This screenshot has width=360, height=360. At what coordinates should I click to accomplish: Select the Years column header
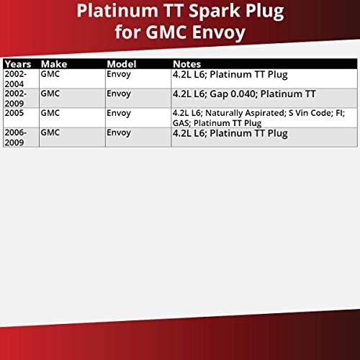pyautogui.click(x=19, y=63)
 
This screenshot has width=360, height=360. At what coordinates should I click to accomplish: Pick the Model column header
pyautogui.click(x=122, y=63)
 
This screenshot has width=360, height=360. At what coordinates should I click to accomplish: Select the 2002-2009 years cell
pyautogui.click(x=17, y=98)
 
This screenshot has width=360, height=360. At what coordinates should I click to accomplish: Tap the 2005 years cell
pyautogui.click(x=14, y=113)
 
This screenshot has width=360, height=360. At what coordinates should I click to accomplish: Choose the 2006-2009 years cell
pyautogui.click(x=17, y=137)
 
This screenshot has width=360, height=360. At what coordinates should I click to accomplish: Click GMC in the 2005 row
pyautogui.click(x=50, y=113)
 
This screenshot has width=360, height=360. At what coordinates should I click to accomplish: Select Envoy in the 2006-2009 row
pyautogui.click(x=120, y=132)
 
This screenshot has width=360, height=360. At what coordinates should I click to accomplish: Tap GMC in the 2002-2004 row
pyautogui.click(x=50, y=73)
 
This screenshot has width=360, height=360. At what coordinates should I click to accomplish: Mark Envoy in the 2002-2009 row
pyautogui.click(x=120, y=94)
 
